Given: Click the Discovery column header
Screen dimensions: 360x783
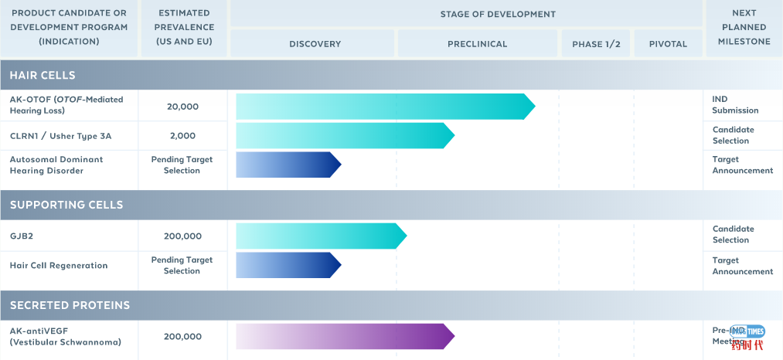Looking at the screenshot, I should coord(315,44).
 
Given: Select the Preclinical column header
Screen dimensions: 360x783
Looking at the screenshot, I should coord(477,44).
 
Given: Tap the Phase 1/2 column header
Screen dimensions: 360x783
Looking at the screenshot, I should coord(596,44).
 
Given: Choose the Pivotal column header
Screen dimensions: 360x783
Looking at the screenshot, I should coord(668,44).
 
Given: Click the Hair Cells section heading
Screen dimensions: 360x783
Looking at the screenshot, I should coord(43,76).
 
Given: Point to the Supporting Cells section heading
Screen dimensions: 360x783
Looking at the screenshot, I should coord(66,205).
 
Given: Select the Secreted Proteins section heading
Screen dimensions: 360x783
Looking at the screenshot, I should coord(70,305).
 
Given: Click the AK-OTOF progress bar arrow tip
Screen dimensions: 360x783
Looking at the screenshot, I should coord(529,107).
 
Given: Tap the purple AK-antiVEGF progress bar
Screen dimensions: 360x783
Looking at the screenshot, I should coord(344,337).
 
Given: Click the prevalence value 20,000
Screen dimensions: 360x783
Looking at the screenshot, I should coord(182,107).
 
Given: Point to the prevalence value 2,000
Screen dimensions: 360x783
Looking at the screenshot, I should coord(182,136).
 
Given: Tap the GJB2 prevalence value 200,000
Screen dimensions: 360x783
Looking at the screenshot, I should coord(182,236).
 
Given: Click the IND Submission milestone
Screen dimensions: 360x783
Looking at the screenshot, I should coord(735,105).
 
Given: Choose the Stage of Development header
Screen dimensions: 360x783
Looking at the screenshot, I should coord(498,14).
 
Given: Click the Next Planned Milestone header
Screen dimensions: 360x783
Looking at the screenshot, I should coord(744,27).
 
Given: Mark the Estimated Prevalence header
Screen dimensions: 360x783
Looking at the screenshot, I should coord(184,27).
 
